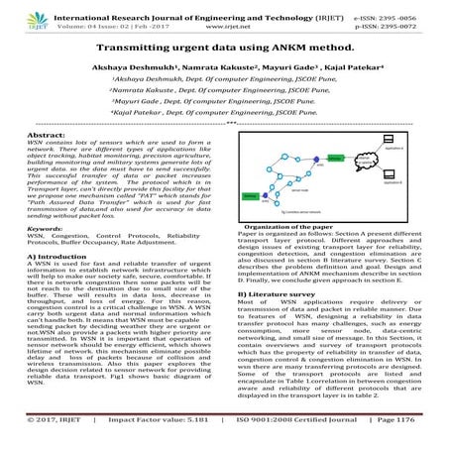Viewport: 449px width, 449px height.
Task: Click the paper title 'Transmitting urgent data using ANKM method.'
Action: (224, 47)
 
